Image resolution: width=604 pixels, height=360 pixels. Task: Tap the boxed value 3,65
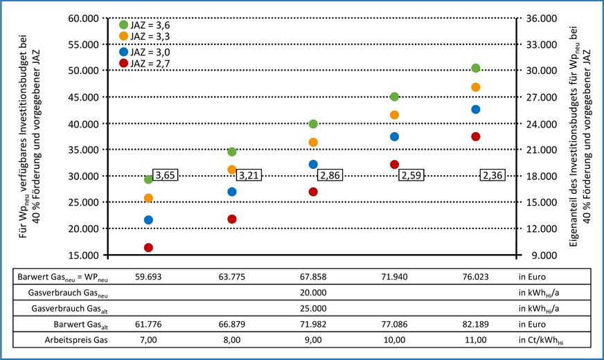click(x=165, y=176)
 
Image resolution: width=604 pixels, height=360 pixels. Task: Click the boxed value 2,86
click(x=331, y=176)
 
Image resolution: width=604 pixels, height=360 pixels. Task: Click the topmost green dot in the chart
click(x=475, y=68)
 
